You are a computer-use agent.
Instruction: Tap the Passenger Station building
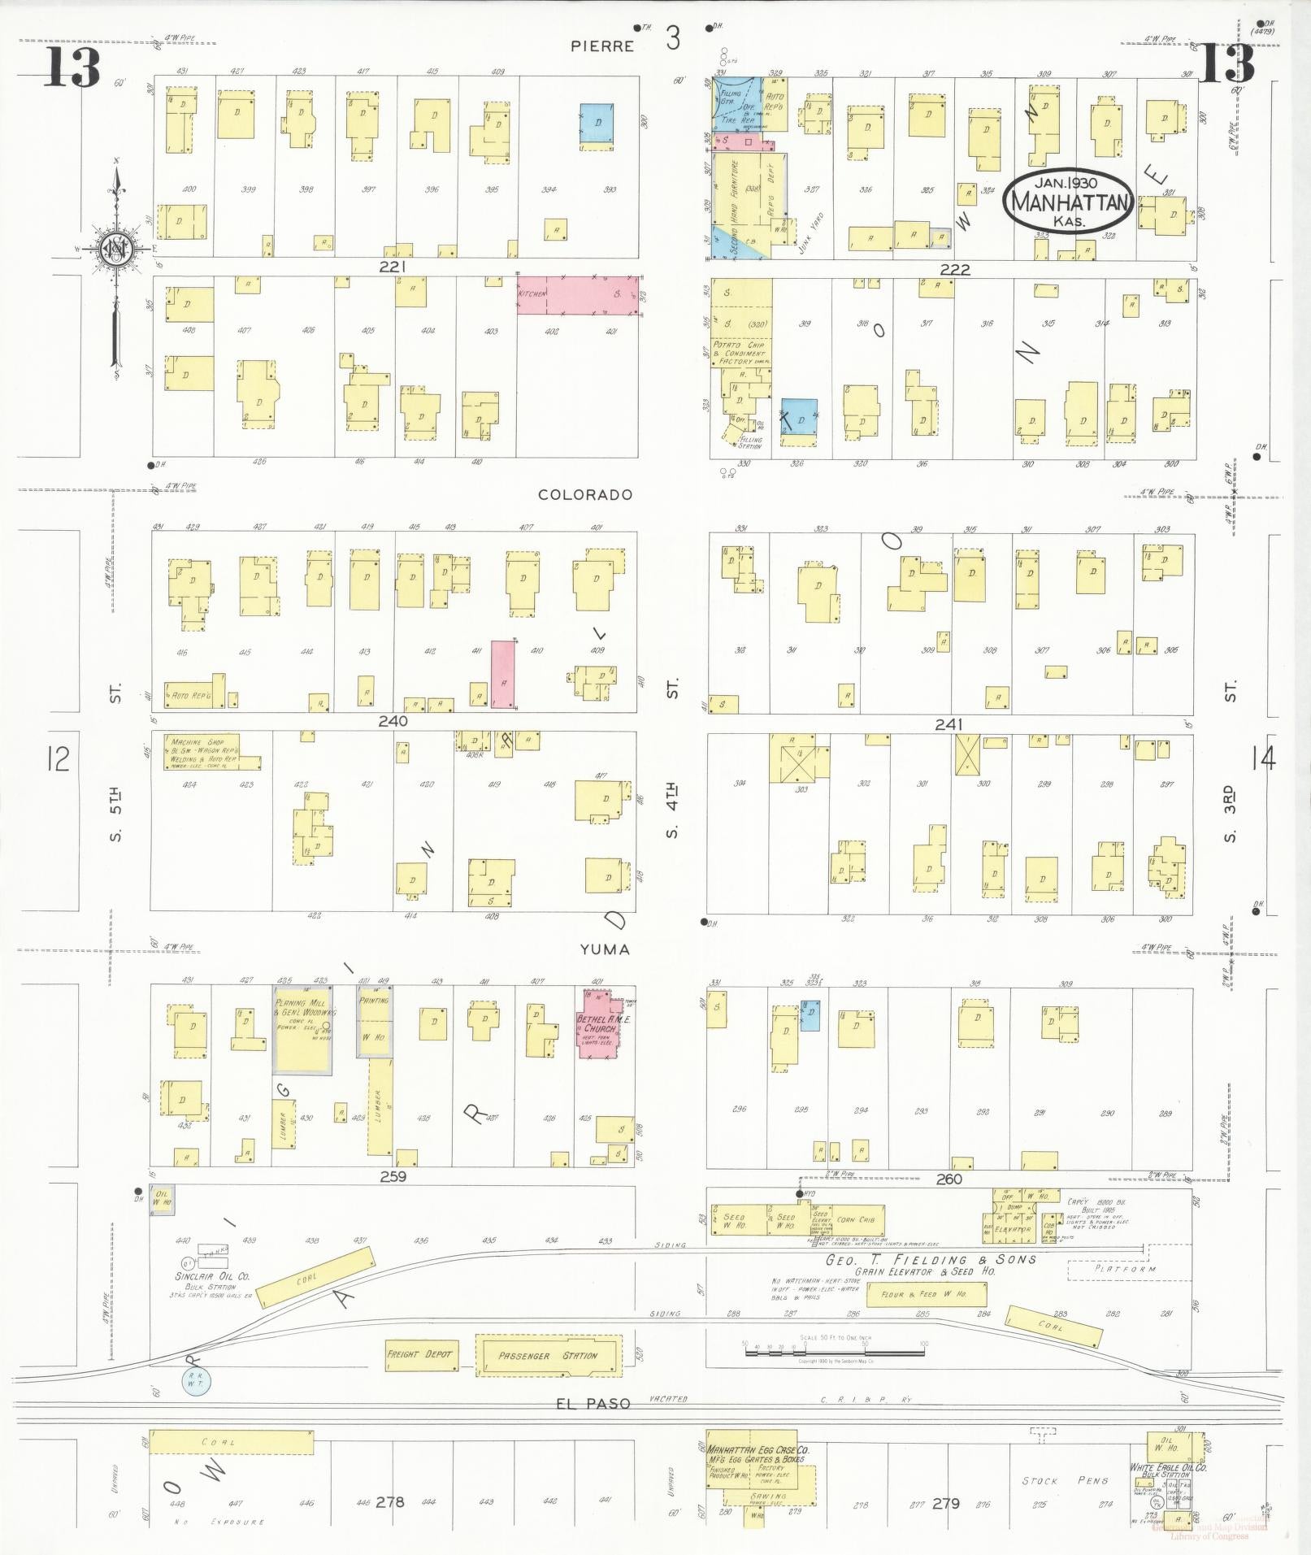coord(548,1356)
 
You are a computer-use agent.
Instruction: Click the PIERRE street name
coord(602,46)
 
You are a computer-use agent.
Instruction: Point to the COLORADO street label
coord(585,494)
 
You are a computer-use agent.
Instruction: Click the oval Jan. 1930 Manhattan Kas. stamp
coord(1068,200)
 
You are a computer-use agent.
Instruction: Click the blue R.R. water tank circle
coord(195,1380)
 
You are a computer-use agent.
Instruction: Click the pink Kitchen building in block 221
coord(578,295)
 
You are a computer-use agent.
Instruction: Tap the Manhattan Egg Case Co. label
coord(758,1450)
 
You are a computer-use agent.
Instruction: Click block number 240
coord(393,721)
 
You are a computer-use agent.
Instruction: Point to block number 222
coord(954,269)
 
